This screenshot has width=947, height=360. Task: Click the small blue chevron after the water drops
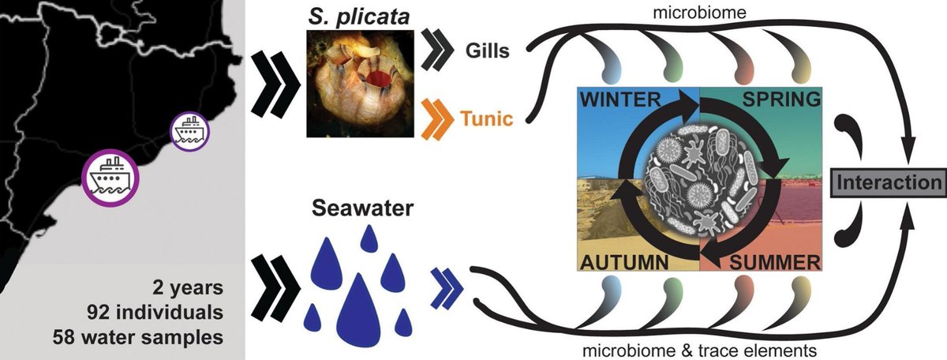coord(445,284)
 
